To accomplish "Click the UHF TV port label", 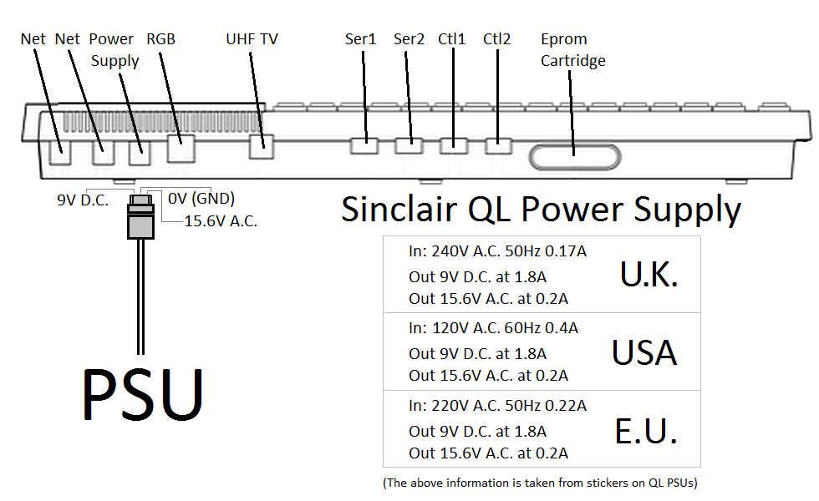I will click(x=252, y=39).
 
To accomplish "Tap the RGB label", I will click(x=160, y=39).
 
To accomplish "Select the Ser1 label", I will click(x=361, y=39).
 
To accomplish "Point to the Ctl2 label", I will click(x=496, y=39).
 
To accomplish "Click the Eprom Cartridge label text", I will click(x=572, y=50).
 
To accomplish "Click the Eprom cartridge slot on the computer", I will click(x=574, y=157).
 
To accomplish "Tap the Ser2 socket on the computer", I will click(x=409, y=145).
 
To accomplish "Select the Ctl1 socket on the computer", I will click(x=453, y=145).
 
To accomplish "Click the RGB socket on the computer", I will click(x=180, y=149).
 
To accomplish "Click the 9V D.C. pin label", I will click(x=83, y=200).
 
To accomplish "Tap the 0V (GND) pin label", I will click(x=201, y=199).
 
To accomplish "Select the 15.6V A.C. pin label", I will click(x=221, y=221).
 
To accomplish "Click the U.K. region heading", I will click(x=649, y=274).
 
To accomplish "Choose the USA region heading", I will click(x=643, y=353).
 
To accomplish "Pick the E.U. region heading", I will click(x=645, y=432).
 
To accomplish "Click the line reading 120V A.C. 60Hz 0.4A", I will click(x=493, y=328).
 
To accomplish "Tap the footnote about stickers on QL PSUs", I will click(x=540, y=483).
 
